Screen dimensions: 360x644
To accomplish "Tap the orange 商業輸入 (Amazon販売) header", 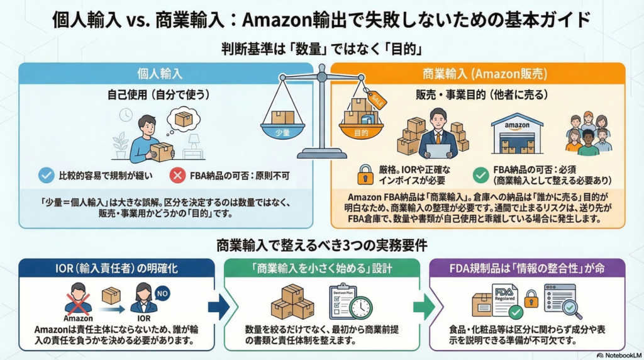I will click(x=478, y=74).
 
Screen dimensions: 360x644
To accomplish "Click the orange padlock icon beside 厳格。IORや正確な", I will click(x=365, y=174).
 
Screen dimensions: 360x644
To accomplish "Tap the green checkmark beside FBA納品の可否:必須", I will click(x=481, y=174).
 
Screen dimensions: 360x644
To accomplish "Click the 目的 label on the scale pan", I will click(x=360, y=133).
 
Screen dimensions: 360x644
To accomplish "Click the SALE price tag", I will click(x=378, y=99).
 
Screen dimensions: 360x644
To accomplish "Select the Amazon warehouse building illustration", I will click(x=517, y=133).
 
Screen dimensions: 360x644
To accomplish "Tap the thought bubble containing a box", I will click(x=184, y=118).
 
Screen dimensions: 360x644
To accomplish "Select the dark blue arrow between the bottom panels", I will click(x=218, y=307).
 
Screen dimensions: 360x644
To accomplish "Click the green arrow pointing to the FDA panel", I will click(x=423, y=307).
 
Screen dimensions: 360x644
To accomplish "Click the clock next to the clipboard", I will click(x=361, y=307).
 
